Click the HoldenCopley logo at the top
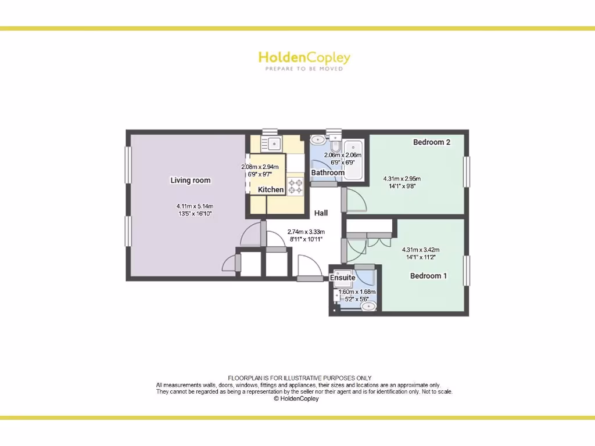304,57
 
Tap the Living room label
190,180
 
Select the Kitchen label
271,190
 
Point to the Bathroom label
328,172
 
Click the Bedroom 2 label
432,142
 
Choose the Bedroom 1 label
428,276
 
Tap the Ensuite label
343,278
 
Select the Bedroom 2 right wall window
466,172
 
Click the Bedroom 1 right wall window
466,271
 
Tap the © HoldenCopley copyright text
296,399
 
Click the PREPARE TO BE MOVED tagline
304,69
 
